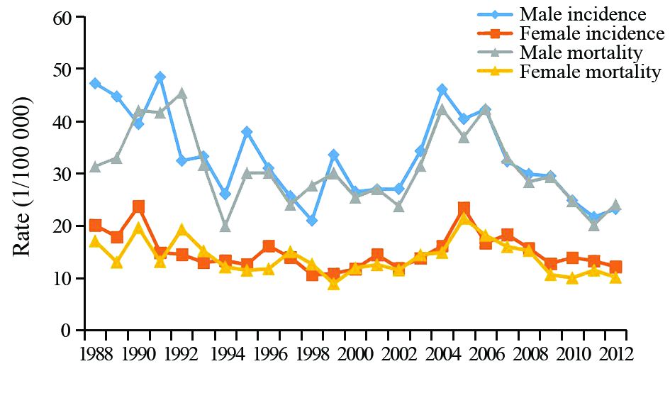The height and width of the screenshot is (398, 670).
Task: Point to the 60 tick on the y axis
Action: (65, 18)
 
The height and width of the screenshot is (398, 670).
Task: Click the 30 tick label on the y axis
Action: (65, 175)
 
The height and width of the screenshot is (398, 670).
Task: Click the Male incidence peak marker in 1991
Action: (160, 77)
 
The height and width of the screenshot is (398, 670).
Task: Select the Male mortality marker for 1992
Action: (182, 94)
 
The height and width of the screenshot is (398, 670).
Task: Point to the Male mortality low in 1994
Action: (225, 226)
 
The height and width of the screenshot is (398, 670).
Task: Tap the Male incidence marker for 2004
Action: (442, 90)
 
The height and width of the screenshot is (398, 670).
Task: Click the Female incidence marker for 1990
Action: (139, 206)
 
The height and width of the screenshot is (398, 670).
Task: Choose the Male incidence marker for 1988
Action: (95, 84)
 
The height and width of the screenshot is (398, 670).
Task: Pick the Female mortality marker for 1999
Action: (334, 284)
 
